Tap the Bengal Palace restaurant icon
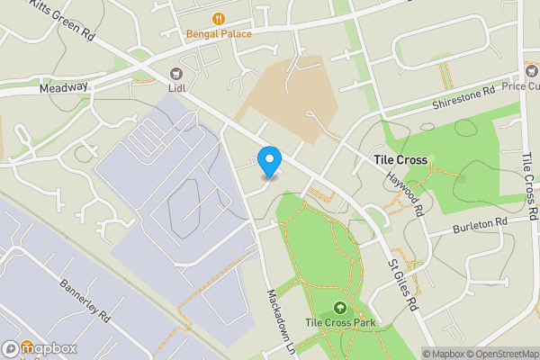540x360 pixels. tap(219, 18)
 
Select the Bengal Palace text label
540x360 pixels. tap(219, 34)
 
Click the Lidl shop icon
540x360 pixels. tap(175, 73)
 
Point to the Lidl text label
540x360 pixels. tap(176, 88)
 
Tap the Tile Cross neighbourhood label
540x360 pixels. tap(400, 159)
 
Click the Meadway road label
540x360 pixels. tap(63, 88)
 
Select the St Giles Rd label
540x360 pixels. tap(403, 286)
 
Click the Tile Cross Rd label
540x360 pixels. tap(529, 185)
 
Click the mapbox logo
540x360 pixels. tap(39, 348)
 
